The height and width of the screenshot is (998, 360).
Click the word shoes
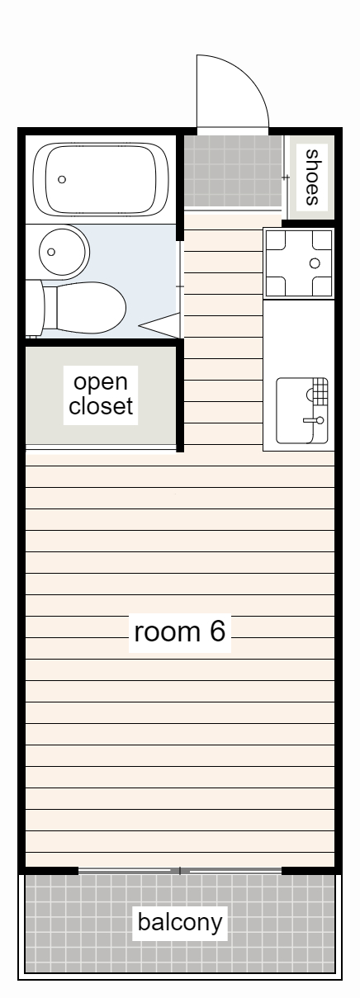click(313, 176)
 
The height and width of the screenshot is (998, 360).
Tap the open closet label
click(101, 395)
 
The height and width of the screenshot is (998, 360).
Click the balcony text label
click(180, 922)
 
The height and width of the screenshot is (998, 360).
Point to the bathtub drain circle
click(62, 179)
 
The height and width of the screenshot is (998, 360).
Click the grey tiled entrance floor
click(232, 172)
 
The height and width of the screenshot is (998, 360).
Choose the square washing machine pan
click(298, 263)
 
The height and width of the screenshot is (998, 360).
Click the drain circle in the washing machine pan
click(314, 263)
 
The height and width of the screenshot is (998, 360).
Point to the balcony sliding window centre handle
click(180, 870)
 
